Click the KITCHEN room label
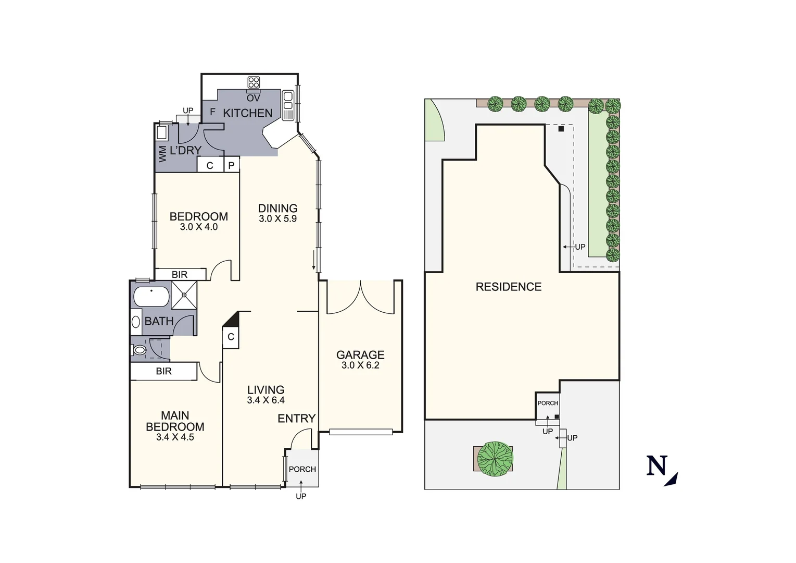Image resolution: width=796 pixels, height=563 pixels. (248, 113)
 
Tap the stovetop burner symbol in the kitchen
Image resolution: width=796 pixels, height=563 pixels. (254, 82)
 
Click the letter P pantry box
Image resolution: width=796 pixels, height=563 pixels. (232, 165)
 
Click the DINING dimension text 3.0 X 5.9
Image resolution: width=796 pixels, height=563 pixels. (277, 219)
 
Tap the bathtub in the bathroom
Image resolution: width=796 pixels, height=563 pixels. (151, 297)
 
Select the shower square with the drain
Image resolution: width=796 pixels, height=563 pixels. (184, 295)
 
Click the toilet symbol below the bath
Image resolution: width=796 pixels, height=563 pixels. (139, 350)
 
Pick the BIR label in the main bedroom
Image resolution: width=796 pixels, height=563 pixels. (163, 372)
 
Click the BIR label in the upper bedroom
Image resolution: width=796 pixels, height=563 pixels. (180, 275)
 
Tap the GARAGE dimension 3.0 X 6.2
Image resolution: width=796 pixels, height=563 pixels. (360, 365)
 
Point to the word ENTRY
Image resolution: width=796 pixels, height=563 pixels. (296, 419)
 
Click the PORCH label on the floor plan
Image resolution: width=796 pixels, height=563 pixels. (302, 469)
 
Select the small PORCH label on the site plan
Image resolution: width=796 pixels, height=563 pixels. (548, 403)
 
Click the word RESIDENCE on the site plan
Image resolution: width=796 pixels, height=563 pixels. (509, 287)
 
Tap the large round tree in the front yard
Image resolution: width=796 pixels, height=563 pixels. (495, 459)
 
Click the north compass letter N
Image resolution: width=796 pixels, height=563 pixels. (657, 466)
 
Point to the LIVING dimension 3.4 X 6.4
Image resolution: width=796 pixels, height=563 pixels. (266, 400)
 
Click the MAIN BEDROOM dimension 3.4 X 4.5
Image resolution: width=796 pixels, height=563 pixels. (175, 437)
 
